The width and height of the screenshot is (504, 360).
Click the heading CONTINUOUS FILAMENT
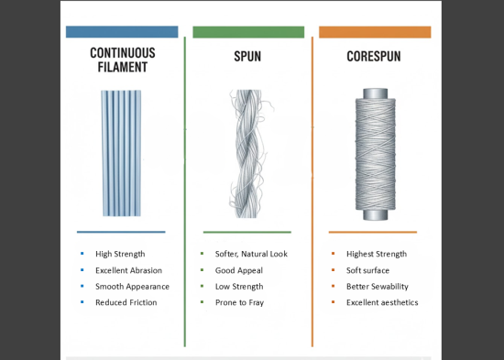click(x=122, y=60)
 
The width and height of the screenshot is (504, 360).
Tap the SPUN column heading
click(x=248, y=57)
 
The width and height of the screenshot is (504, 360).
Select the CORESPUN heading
click(x=374, y=57)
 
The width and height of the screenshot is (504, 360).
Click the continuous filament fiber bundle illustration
click(x=122, y=152)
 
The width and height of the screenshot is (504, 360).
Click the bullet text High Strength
click(x=120, y=254)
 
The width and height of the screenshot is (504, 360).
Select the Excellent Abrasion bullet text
click(x=128, y=270)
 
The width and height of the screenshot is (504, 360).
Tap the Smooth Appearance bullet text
click(x=132, y=287)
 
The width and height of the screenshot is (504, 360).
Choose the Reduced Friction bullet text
click(x=126, y=302)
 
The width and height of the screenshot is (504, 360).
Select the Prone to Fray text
click(x=240, y=302)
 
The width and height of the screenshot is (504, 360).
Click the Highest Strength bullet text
click(x=376, y=254)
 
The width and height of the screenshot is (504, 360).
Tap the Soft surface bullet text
click(x=367, y=270)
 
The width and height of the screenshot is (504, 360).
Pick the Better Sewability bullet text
click(x=377, y=287)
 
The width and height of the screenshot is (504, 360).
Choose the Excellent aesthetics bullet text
click(x=382, y=302)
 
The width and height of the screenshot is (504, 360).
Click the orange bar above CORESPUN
click(x=374, y=32)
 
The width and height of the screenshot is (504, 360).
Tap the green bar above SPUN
click(x=248, y=32)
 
